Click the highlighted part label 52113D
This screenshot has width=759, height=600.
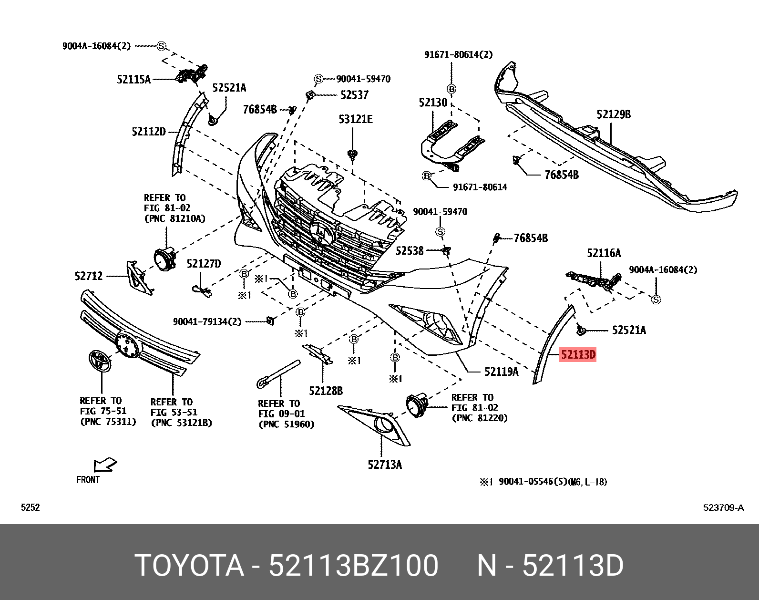(578, 354)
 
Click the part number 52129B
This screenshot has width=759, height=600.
(613, 114)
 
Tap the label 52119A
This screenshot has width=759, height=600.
(501, 372)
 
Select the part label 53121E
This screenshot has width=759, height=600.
(356, 119)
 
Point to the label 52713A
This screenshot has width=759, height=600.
(384, 465)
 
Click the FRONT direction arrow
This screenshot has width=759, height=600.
(105, 465)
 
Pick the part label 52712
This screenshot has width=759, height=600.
(89, 276)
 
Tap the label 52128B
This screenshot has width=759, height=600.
(326, 391)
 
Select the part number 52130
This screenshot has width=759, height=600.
(433, 103)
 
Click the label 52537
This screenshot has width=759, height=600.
(354, 95)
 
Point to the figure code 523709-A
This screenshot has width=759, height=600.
(723, 507)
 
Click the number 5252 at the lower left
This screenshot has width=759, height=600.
(31, 507)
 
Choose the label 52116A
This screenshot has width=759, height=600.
(604, 253)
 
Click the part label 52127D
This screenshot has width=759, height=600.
(204, 264)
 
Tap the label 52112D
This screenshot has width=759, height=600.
(148, 132)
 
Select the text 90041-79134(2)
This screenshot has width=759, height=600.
(207, 322)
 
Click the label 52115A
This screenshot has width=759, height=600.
(133, 80)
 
